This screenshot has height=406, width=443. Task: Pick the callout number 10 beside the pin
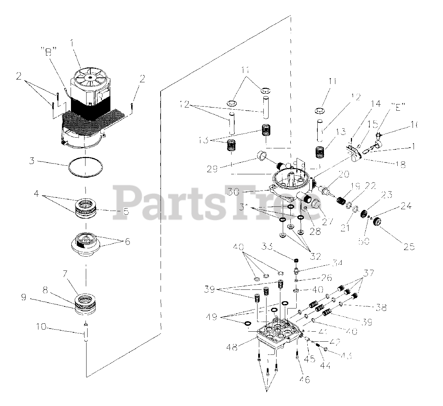[x=41, y=326]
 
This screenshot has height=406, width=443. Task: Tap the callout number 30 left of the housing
[x=234, y=191]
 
